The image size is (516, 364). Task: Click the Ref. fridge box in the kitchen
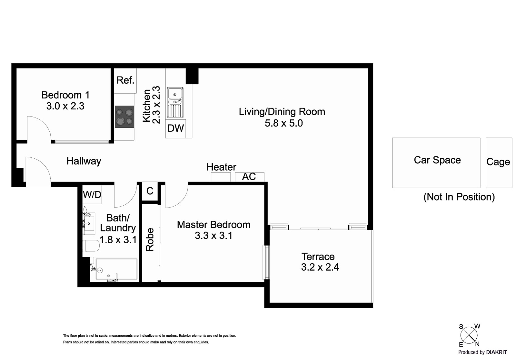click(x=125, y=80)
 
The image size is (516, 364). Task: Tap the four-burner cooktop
click(x=125, y=117)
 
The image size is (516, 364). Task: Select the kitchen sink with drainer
click(x=175, y=102)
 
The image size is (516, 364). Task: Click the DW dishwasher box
click(x=176, y=128)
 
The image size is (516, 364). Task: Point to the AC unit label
click(x=249, y=177)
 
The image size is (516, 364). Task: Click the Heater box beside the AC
click(x=221, y=177)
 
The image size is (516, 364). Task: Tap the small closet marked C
click(x=150, y=191)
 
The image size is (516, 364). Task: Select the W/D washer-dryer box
click(x=92, y=195)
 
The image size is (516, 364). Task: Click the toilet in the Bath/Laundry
click(x=91, y=246)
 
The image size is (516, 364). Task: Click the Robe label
click(x=150, y=239)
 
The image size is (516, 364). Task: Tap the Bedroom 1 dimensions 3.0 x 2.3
click(x=65, y=106)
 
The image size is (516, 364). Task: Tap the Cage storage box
click(x=499, y=163)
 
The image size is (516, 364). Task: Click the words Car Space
click(x=437, y=160)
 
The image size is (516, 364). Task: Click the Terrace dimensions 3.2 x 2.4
click(x=320, y=267)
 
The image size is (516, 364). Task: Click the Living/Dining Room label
click(x=282, y=112)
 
